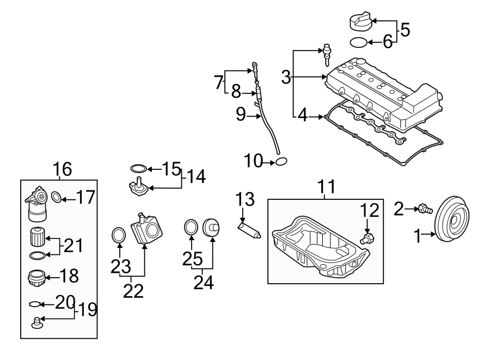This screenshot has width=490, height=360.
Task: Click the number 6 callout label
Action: pos(387,42)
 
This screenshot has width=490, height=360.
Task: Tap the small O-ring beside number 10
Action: pos(281,161)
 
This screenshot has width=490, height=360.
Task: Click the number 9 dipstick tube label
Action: pos(241,114)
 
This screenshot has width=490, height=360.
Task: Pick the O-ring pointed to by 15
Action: pos(139,169)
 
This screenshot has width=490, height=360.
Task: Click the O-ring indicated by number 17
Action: pos(56,197)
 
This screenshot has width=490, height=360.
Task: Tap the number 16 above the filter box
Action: pos(62,169)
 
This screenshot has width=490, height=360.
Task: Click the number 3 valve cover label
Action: pos(286,77)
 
